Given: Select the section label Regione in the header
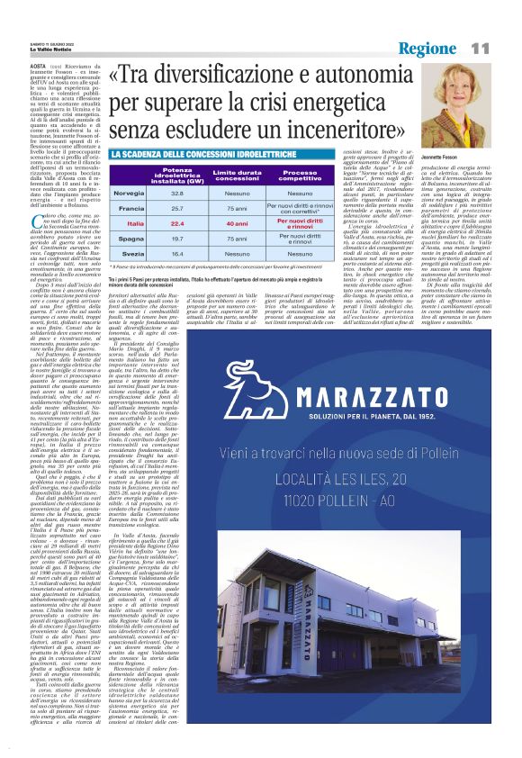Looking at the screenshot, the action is pos(429,47).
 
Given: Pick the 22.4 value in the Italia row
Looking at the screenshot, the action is pos(177,223).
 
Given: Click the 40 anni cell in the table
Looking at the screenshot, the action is pos(237,223).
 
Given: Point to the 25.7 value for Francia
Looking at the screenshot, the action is pos(177,208).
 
